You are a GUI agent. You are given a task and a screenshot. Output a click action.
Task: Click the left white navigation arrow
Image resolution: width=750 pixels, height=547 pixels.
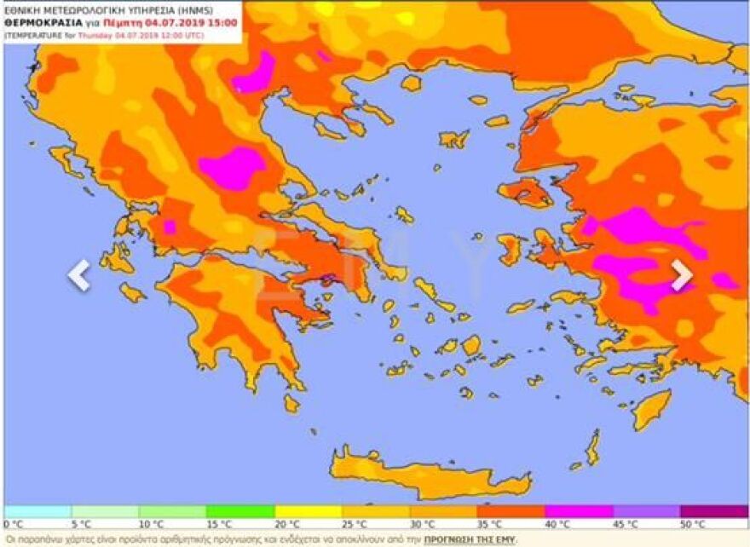[x=78, y=274]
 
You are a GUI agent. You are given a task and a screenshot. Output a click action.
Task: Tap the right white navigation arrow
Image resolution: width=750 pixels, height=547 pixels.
[x=681, y=274]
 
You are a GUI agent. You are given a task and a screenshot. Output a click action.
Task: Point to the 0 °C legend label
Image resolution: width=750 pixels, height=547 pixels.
[x=14, y=524]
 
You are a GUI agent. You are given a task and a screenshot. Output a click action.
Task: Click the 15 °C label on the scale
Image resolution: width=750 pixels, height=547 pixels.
[x=219, y=524]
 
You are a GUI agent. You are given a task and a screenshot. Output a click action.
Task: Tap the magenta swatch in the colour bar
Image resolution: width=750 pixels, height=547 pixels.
[x=580, y=511]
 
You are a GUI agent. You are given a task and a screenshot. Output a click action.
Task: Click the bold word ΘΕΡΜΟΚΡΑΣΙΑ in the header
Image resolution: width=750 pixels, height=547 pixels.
[x=40, y=23]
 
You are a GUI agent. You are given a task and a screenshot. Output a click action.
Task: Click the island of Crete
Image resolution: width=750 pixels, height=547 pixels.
[x=426, y=472]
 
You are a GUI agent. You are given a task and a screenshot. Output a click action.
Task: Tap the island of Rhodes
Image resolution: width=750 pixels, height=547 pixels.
[x=652, y=409]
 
